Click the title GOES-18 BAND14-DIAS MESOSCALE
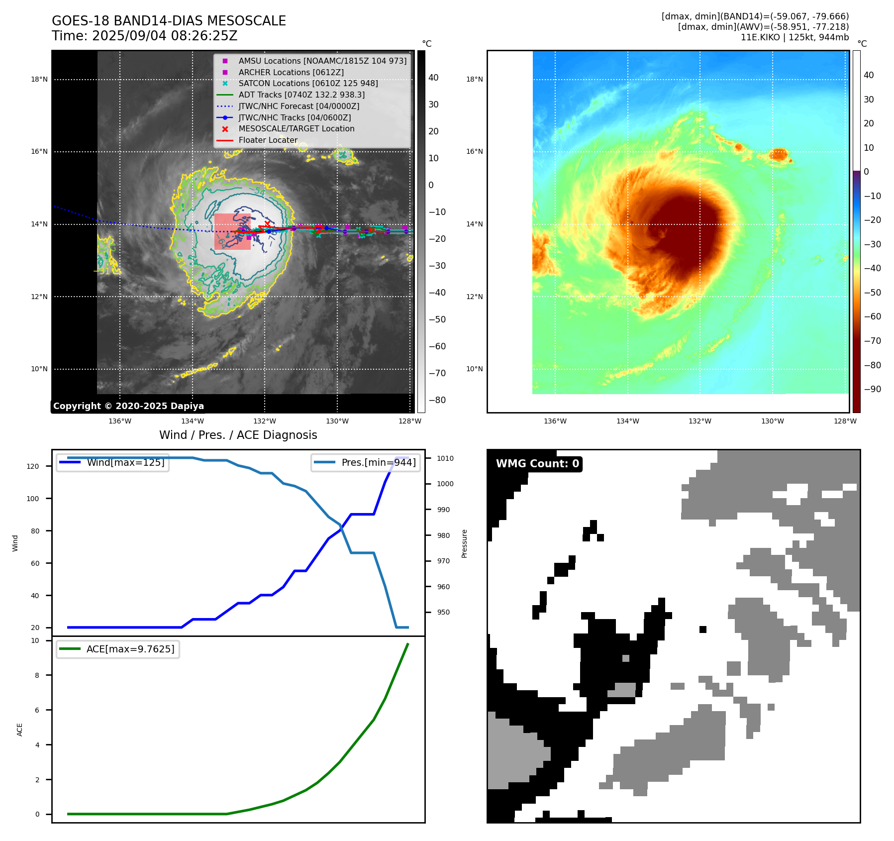tap(169, 21)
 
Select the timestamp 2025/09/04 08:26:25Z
tap(165, 36)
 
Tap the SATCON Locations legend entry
tap(308, 83)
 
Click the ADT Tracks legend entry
tap(301, 95)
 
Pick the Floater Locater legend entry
tap(268, 140)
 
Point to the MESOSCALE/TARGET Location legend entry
tap(296, 128)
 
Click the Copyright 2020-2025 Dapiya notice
tap(128, 406)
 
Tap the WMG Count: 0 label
tap(537, 464)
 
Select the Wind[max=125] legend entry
tap(125, 462)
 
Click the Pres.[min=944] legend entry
tap(378, 462)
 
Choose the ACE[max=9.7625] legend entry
tap(130, 649)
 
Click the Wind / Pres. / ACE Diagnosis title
tap(238, 435)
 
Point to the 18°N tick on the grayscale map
tap(39, 79)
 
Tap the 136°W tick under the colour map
tap(555, 421)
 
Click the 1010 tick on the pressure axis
tap(445, 458)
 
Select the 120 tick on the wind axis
tap(32, 466)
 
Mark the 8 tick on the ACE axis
tap(37, 675)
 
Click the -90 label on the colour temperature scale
tap(872, 389)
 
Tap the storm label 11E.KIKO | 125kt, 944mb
tap(795, 37)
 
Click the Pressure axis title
tap(464, 543)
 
